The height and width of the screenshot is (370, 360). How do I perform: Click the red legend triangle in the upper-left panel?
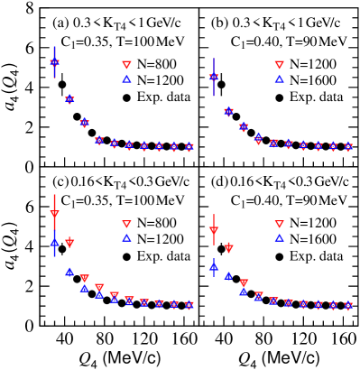[126, 65]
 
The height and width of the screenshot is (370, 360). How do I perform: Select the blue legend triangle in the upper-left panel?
[126, 79]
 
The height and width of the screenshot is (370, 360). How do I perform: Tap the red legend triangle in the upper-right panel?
[279, 65]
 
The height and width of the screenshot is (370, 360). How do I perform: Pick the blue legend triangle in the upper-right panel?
[279, 79]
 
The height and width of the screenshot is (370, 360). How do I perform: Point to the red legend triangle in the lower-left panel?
[126, 224]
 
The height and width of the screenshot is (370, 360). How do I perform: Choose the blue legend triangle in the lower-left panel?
[126, 237]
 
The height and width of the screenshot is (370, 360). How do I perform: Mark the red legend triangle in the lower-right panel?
[279, 224]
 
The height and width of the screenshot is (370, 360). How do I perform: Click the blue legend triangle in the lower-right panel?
[279, 237]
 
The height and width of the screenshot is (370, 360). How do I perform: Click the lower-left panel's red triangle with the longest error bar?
[55, 215]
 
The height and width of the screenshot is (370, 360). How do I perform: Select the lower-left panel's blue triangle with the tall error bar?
[55, 241]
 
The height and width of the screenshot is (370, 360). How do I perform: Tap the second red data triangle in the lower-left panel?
[69, 243]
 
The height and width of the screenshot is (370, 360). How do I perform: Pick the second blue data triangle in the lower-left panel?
[69, 271]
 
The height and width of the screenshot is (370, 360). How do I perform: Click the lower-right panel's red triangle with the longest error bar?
[214, 232]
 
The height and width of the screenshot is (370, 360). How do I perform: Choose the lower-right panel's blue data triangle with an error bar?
[214, 265]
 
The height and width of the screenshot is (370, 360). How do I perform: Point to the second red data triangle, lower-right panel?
[228, 247]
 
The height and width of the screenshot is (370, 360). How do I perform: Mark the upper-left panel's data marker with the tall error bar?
[55, 62]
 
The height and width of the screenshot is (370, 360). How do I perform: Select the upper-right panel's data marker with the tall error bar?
[214, 78]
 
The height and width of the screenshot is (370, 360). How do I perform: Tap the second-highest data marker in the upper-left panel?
[69, 99]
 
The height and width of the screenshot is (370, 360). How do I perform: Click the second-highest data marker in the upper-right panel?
[228, 112]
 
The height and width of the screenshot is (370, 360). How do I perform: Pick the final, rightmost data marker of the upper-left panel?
[189, 146]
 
